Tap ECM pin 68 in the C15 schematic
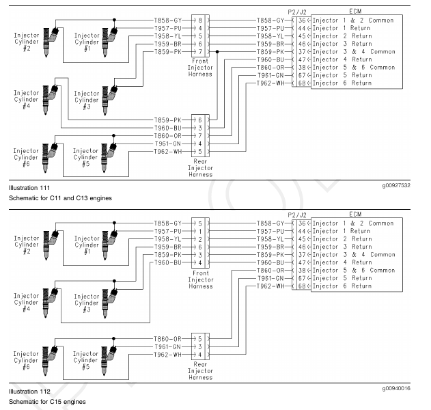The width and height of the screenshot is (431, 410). pyautogui.click(x=301, y=286)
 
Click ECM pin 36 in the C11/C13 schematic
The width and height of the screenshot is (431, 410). pyautogui.click(x=301, y=20)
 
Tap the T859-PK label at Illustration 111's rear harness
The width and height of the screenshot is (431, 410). pyautogui.click(x=167, y=120)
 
